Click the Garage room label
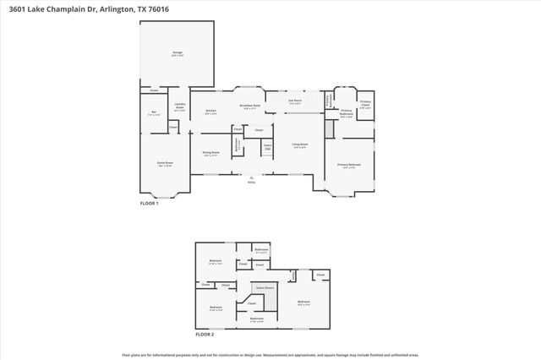178,53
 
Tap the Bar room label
154,113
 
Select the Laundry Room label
179,106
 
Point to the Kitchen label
210,111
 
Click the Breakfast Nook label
249,106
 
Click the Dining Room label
210,153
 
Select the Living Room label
300,145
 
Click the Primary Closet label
365,105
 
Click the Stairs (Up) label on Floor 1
267,147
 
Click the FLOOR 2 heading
205,334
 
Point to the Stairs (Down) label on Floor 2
265,287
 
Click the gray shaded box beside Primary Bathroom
329,129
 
